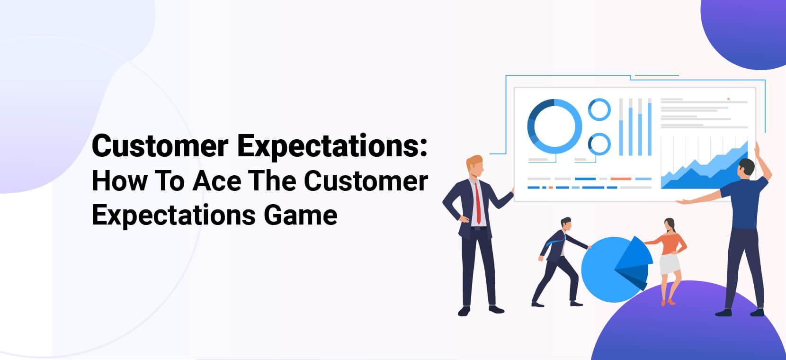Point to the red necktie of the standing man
(x=478, y=204)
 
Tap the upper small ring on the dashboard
(x=599, y=109)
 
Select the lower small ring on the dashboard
(x=599, y=144)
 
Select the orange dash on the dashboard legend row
(x=621, y=179)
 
